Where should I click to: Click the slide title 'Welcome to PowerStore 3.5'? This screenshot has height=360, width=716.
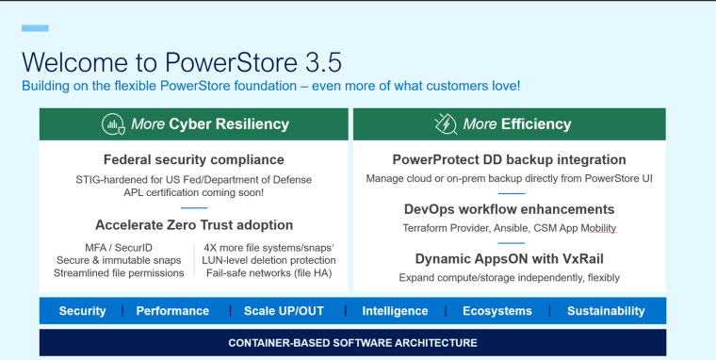tap(182, 62)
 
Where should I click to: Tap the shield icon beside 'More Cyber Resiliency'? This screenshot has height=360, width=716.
tap(113, 123)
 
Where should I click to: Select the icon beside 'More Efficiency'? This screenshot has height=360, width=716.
tap(445, 123)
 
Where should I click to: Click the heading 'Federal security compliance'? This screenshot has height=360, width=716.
tap(193, 159)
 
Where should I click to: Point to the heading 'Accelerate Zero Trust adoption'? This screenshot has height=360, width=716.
tap(193, 225)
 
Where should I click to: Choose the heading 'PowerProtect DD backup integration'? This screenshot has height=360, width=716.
tap(509, 159)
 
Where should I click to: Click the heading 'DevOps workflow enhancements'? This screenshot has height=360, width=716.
tap(509, 209)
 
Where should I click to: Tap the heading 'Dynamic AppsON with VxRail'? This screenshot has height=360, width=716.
tap(509, 258)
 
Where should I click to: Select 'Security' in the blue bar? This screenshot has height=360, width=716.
tap(82, 311)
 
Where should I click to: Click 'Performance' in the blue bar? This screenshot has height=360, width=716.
tap(172, 311)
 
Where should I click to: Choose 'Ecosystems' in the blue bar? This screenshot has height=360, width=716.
tap(497, 311)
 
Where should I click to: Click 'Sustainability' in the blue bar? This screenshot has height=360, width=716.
tap(606, 311)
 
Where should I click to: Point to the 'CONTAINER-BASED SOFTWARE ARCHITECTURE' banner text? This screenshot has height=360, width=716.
tap(352, 343)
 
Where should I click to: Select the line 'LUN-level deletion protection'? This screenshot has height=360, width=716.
tap(269, 260)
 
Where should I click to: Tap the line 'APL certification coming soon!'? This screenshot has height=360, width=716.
tap(193, 192)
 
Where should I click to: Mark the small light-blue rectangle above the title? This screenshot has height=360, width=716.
tap(35, 29)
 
